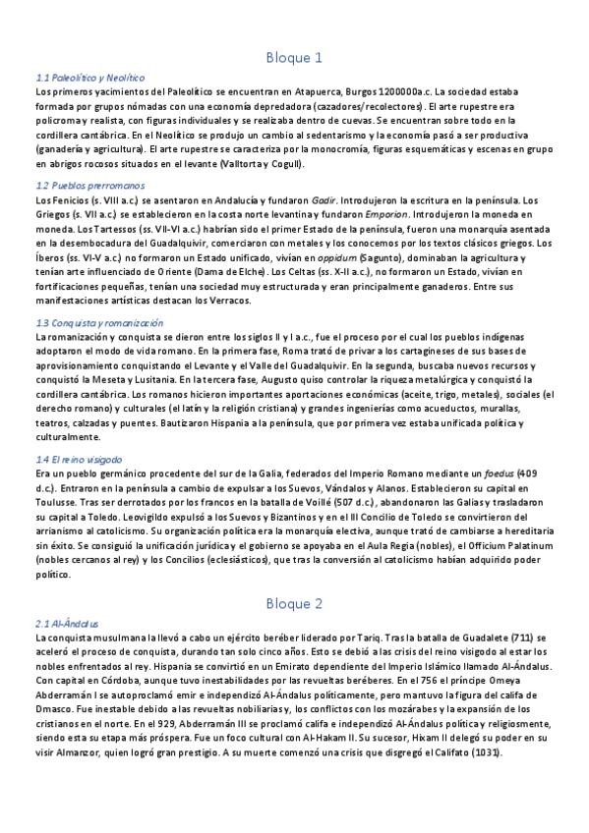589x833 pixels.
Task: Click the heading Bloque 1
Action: (x=294, y=58)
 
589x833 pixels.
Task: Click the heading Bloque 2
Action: (x=294, y=602)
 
